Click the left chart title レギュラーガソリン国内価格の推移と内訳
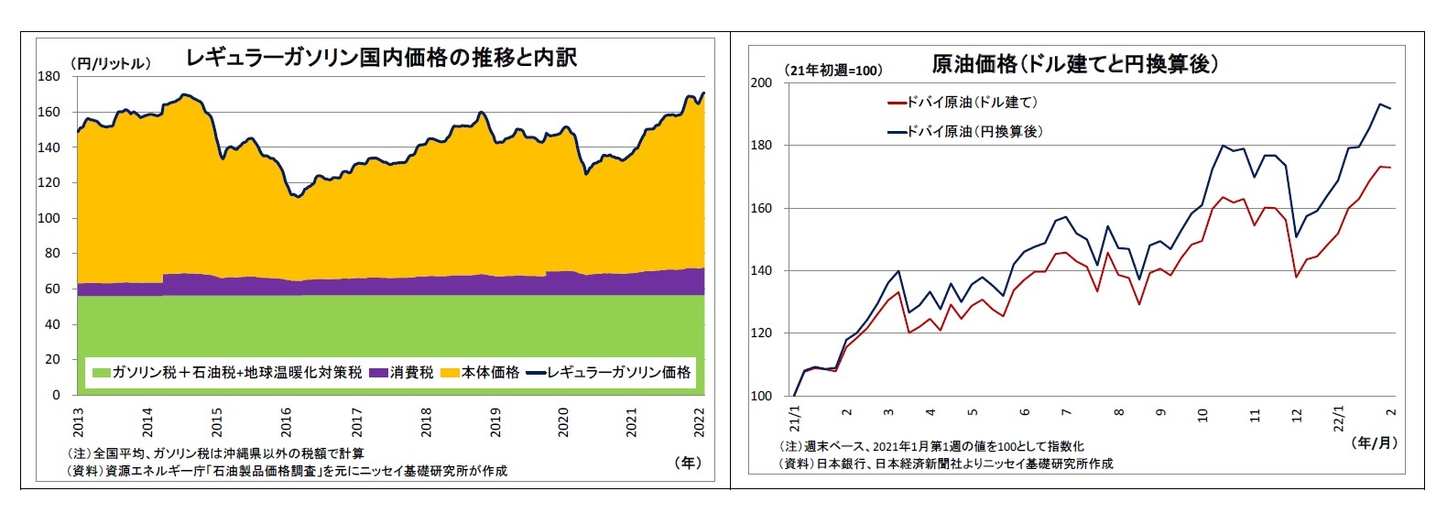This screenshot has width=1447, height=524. [381, 59]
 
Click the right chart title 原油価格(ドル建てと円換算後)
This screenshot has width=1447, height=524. [1074, 64]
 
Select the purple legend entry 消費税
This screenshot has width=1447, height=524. [403, 373]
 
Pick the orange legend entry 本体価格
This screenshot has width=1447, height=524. [482, 373]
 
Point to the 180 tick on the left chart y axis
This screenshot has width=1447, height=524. [49, 77]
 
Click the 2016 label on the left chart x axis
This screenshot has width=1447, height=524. [287, 422]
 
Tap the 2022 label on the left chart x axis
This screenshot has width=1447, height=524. [701, 422]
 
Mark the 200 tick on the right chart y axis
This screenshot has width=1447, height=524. [761, 83]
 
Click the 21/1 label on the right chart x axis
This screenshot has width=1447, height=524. [795, 420]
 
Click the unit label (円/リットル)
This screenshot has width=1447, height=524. [110, 63]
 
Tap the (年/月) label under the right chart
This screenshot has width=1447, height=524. [1374, 442]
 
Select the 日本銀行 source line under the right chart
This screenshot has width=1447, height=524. [945, 464]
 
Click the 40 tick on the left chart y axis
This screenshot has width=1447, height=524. [53, 324]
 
